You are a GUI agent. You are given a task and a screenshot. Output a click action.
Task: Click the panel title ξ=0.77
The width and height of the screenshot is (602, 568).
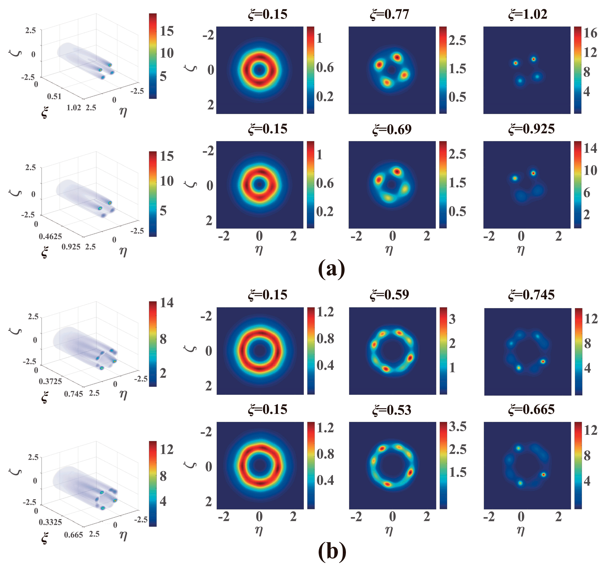point(389,14)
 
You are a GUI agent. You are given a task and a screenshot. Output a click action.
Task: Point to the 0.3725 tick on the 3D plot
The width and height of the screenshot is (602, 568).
point(50,381)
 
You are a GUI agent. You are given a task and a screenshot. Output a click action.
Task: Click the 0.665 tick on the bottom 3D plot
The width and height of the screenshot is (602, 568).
point(73,535)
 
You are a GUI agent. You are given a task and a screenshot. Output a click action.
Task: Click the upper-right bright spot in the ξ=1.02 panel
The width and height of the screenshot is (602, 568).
point(533,59)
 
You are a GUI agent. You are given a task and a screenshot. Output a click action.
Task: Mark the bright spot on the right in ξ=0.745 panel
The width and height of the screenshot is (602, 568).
point(543,362)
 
